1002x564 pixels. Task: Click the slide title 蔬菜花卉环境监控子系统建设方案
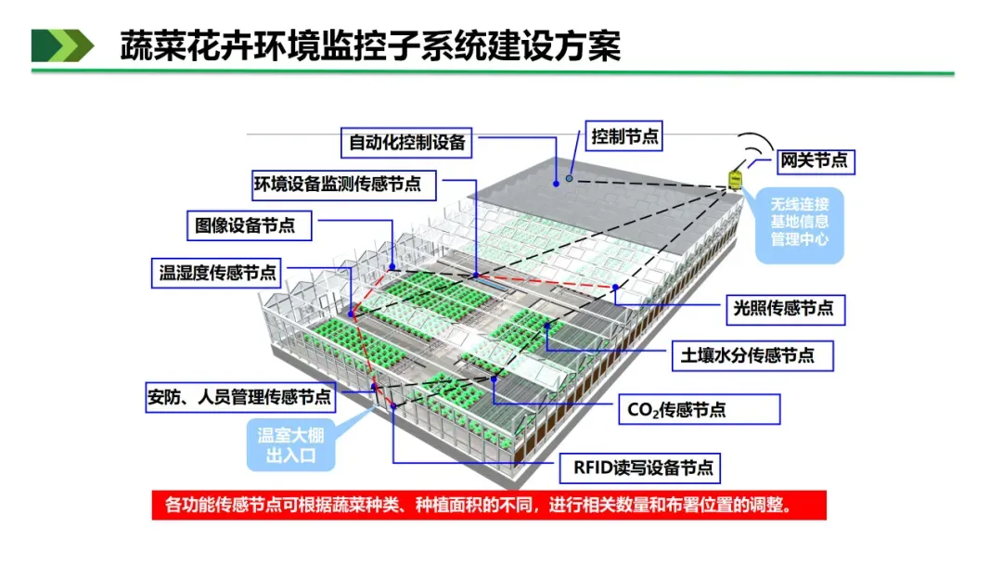(x=370, y=45)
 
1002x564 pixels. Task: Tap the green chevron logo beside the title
(x=62, y=45)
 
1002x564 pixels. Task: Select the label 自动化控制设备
(x=407, y=143)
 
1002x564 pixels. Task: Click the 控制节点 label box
(x=625, y=136)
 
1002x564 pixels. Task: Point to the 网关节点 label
(x=813, y=160)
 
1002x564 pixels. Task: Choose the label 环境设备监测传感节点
(x=338, y=185)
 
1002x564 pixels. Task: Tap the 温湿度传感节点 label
(x=217, y=273)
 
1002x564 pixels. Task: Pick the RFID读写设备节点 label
(x=640, y=468)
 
